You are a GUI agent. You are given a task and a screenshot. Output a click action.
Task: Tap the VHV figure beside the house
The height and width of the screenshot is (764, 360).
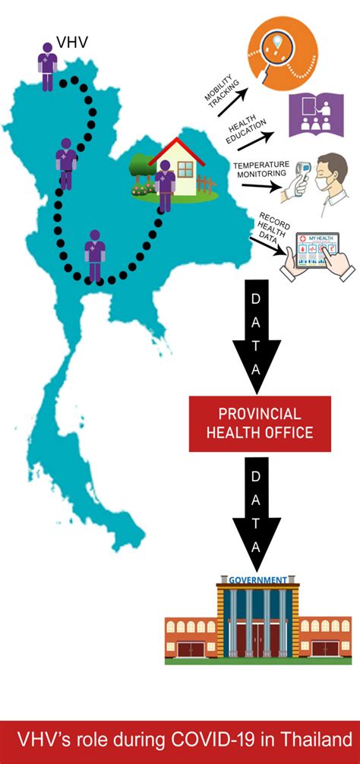164,186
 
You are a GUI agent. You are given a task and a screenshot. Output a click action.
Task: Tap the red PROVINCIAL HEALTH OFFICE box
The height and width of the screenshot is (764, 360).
260,424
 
